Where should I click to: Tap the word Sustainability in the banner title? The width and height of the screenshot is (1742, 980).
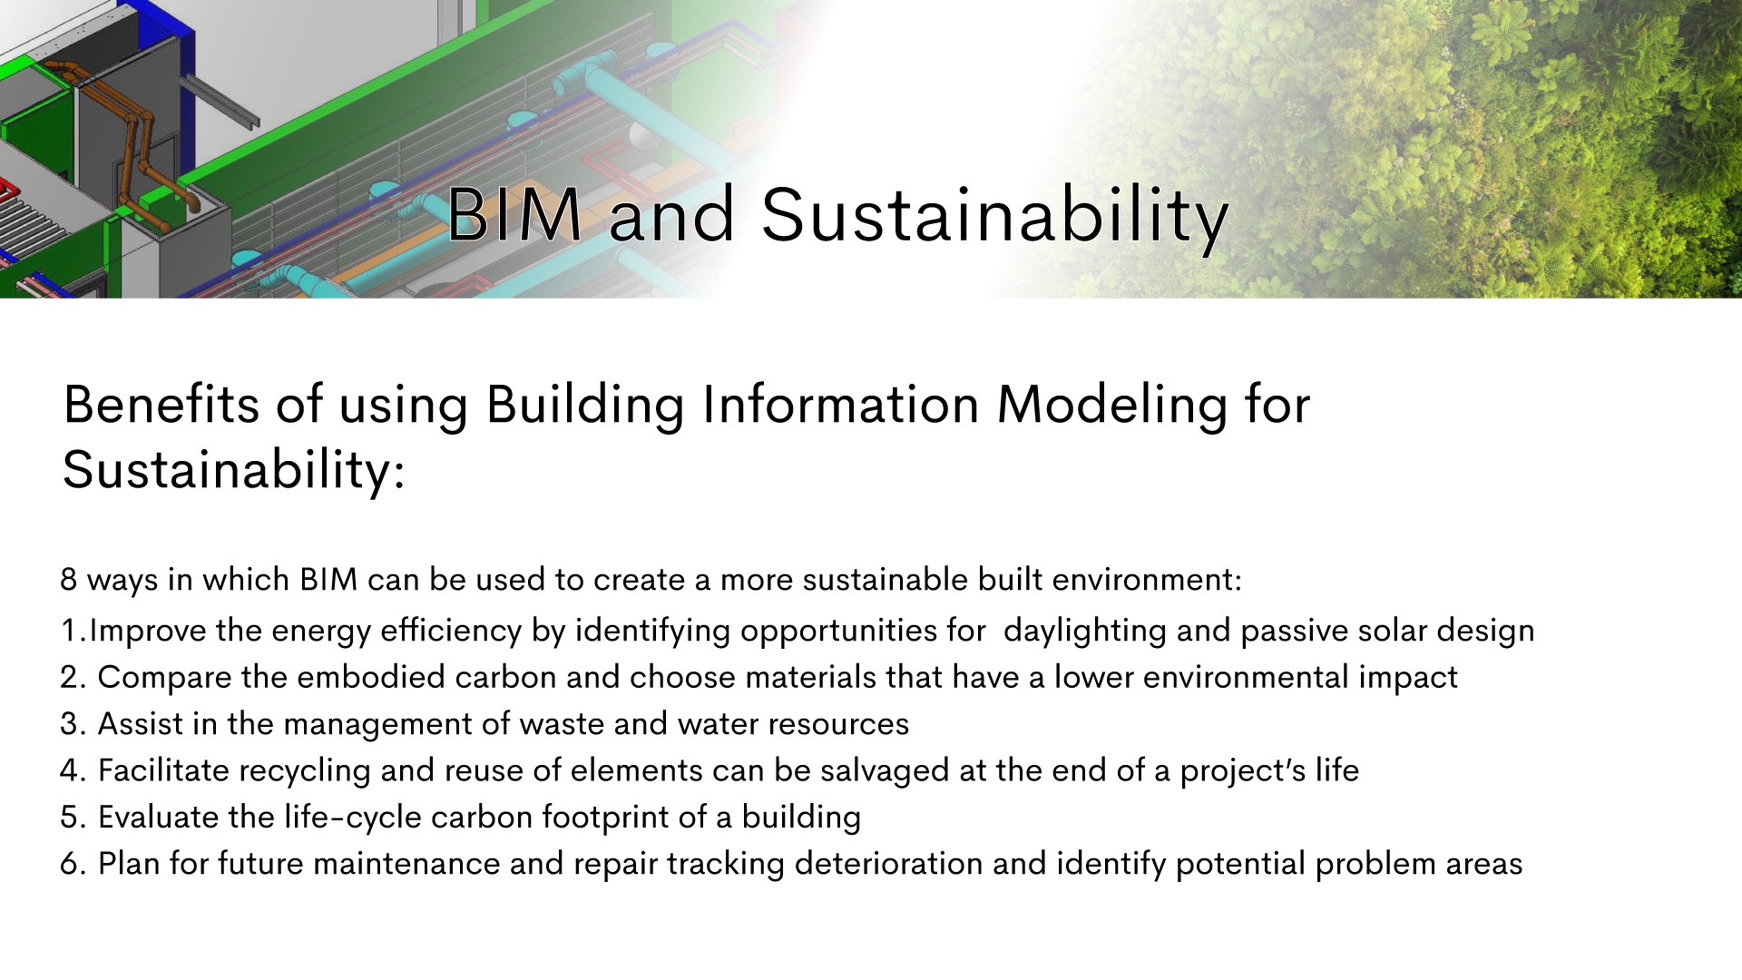pyautogui.click(x=994, y=219)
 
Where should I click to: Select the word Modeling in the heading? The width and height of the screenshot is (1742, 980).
pyautogui.click(x=1111, y=406)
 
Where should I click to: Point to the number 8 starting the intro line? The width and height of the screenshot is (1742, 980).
pyautogui.click(x=69, y=579)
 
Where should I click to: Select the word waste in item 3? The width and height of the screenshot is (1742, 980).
pyautogui.click(x=562, y=724)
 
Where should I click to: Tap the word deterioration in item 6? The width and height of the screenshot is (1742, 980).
pyautogui.click(x=889, y=864)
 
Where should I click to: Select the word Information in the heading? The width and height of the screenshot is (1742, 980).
pyautogui.click(x=841, y=404)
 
